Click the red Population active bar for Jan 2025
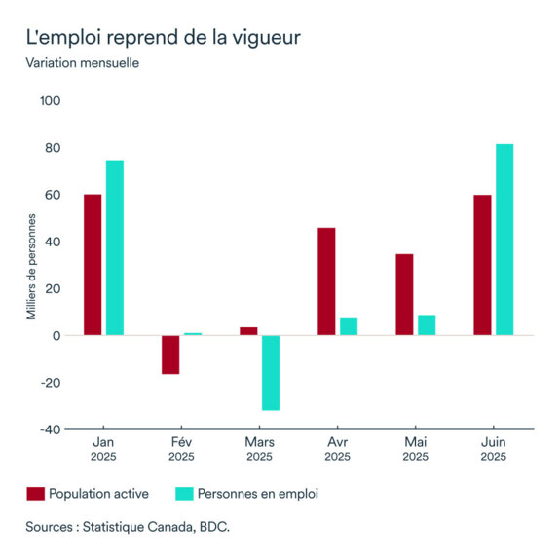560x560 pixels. click(x=93, y=265)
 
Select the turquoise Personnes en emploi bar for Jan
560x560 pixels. click(x=115, y=248)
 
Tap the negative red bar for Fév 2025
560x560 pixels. click(x=170, y=355)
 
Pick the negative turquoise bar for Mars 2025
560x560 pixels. click(x=270, y=372)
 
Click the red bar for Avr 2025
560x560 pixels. click(x=326, y=281)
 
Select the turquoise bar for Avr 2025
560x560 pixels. click(x=349, y=326)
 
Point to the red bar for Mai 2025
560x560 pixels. click(x=404, y=294)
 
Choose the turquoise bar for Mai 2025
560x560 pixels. click(x=427, y=325)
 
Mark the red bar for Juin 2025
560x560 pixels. click(x=482, y=265)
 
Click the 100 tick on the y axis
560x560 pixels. click(x=51, y=101)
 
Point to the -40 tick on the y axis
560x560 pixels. click(x=51, y=429)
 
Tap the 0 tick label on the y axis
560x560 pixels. click(x=57, y=336)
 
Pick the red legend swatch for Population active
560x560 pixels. click(x=35, y=494)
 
